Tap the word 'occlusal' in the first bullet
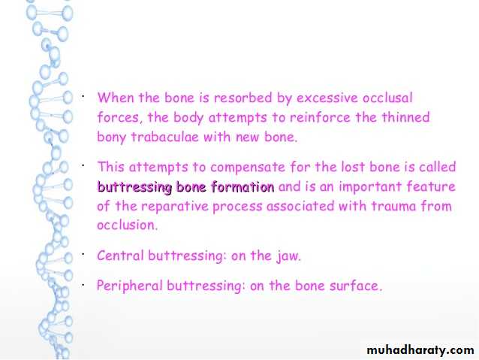pyautogui.click(x=387, y=98)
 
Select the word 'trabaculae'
pyautogui.click(x=165, y=137)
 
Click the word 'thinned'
pyautogui.click(x=405, y=117)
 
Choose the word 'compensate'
pyautogui.click(x=248, y=168)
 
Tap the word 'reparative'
pyautogui.click(x=174, y=207)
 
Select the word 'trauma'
pyautogui.click(x=393, y=207)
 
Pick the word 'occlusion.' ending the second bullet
pyautogui.click(x=127, y=225)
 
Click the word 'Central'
pyautogui.click(x=120, y=256)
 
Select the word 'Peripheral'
pyautogui.click(x=130, y=286)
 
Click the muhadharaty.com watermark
pyautogui.click(x=420, y=350)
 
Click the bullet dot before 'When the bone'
pyautogui.click(x=83, y=97)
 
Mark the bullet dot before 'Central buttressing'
pyautogui.click(x=83, y=255)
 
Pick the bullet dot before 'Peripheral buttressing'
pyautogui.click(x=83, y=285)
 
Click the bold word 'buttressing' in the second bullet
pyautogui.click(x=134, y=187)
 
